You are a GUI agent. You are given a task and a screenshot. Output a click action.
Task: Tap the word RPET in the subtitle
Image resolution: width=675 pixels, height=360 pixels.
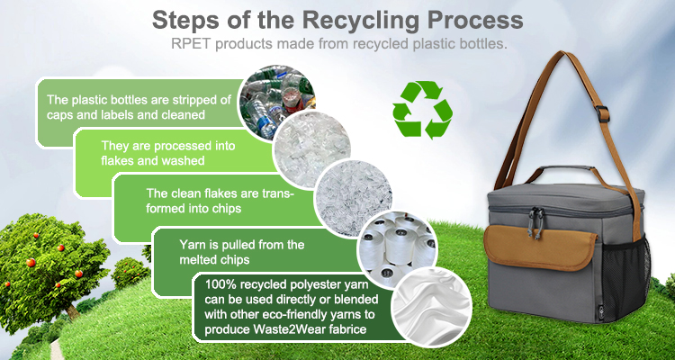coord(192,42)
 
